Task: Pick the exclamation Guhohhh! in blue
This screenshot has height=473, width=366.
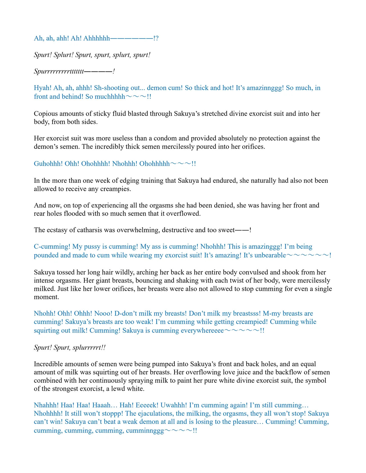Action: (48, 164)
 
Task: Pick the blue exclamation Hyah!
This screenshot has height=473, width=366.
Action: (43, 88)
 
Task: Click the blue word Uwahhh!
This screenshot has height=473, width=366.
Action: (174, 405)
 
